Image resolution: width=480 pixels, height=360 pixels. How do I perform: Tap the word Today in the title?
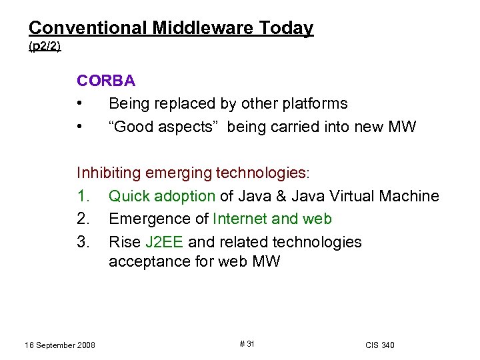pos(287,28)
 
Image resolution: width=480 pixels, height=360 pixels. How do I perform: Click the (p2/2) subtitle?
pos(45,47)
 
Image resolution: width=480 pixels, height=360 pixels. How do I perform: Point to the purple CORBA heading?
pos(106,81)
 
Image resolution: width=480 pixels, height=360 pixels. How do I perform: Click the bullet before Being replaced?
pos(79,104)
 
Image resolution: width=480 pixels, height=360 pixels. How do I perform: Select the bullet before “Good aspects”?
pos(79,127)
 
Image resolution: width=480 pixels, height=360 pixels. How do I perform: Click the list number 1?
pos(83,196)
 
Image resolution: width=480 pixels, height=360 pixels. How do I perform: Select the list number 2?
pos(83,219)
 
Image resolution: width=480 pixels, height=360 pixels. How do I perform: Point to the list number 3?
pos(83,241)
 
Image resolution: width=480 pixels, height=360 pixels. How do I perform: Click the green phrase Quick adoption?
pos(162,196)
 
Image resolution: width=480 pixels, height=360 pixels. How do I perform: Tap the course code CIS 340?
pos(379,345)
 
